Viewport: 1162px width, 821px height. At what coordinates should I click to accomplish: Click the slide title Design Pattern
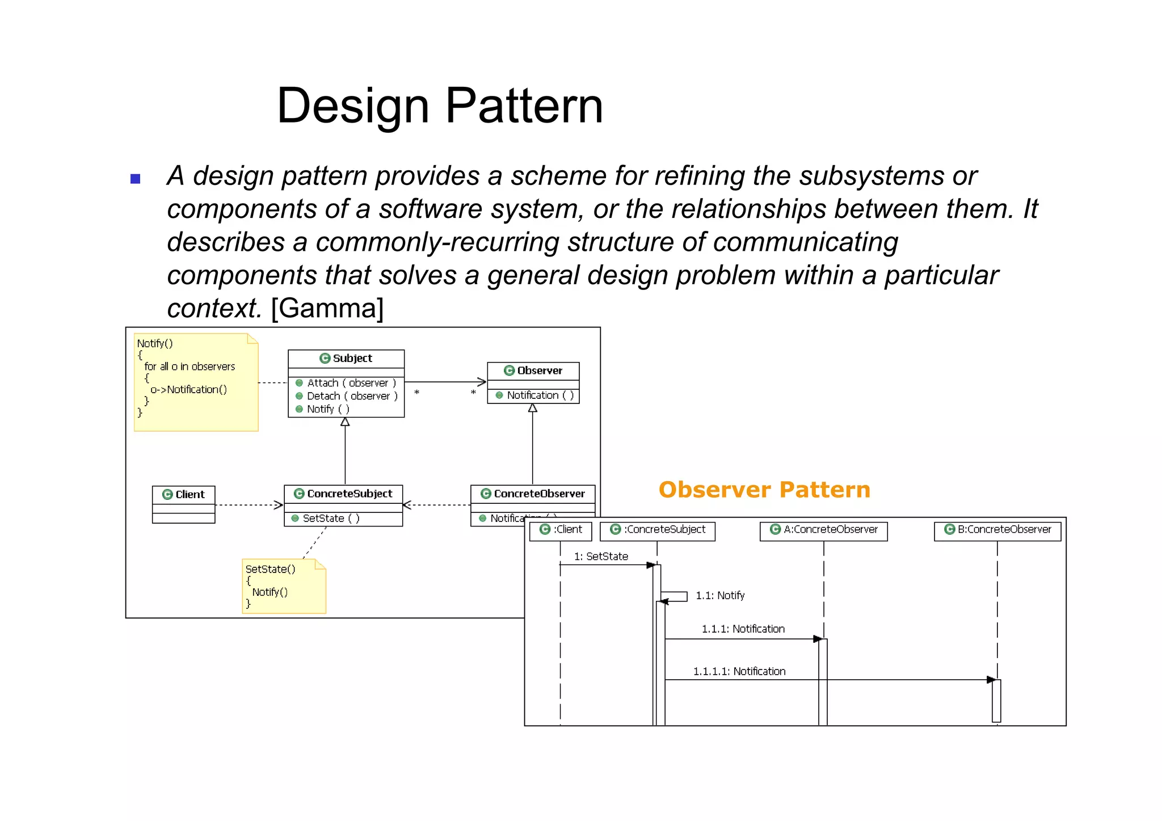click(x=440, y=106)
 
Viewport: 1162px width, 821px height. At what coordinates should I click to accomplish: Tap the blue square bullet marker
click(x=135, y=179)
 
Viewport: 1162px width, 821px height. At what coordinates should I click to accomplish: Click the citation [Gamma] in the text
click(x=327, y=308)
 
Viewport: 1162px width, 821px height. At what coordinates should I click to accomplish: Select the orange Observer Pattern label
click(x=764, y=490)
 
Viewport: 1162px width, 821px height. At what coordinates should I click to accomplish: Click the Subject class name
click(x=352, y=358)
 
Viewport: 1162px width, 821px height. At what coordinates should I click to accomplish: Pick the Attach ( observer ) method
click(x=351, y=383)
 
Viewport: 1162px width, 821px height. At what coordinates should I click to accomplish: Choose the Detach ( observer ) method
click(x=351, y=396)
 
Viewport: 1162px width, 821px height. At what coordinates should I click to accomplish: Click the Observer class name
click(x=539, y=370)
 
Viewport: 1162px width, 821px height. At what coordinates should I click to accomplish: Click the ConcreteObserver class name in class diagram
click(x=538, y=494)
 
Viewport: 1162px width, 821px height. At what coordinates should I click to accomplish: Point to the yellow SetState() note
click(x=284, y=586)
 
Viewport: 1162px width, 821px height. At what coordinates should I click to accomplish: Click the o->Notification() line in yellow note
click(x=188, y=389)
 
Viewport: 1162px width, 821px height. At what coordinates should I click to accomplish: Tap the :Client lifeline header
click(x=561, y=529)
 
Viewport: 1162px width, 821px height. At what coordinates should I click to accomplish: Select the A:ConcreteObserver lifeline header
click(x=824, y=529)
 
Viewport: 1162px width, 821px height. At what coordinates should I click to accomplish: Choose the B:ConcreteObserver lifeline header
click(x=998, y=529)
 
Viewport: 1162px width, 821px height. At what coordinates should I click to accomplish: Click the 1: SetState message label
click(x=601, y=556)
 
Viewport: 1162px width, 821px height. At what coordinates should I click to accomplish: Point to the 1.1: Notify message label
click(x=720, y=595)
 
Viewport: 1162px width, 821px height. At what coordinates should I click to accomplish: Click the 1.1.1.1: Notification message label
click(x=739, y=671)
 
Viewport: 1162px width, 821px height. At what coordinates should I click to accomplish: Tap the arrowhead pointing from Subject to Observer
click(x=482, y=382)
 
